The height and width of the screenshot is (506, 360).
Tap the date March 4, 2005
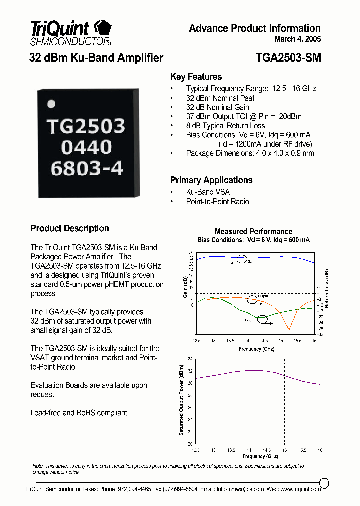pos(298,39)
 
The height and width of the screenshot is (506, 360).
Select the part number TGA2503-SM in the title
pos(288,58)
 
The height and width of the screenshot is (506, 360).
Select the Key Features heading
pos(196,77)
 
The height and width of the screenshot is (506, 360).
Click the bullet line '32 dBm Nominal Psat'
pos(220,98)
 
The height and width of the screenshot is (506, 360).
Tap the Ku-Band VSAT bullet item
pos(210,192)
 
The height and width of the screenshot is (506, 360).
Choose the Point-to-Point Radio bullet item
pos(217,201)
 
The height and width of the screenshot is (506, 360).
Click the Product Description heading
pos(70,228)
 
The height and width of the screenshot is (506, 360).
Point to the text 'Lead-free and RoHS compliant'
pos(79,413)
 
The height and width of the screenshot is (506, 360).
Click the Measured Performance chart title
pos(253,231)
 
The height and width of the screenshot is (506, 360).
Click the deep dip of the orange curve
pos(288,329)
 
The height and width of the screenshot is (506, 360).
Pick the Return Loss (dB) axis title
pos(327,288)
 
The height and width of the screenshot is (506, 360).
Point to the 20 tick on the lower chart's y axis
pos(190,443)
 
